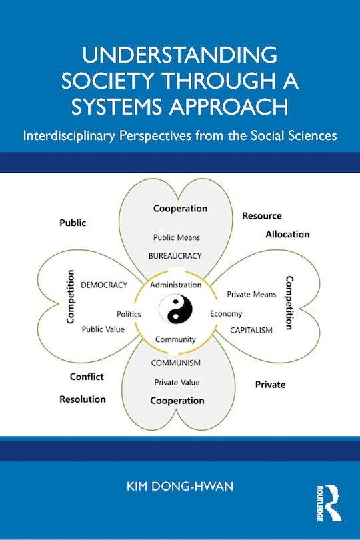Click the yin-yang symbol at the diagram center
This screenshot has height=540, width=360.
coord(175,311)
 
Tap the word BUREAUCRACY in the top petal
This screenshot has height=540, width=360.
coord(175,255)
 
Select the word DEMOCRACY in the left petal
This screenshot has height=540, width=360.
coord(103,285)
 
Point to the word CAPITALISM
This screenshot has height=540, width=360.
coord(251,330)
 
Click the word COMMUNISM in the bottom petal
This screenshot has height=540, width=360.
coord(175,363)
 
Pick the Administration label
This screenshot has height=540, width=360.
coord(175,285)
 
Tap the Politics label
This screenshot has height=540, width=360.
coord(129,313)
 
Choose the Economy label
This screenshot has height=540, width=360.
coord(226,313)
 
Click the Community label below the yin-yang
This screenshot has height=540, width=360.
coord(175,339)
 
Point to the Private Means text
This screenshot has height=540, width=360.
coord(252,293)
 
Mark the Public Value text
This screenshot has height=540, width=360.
coord(103,329)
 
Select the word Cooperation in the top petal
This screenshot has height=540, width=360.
coord(179,209)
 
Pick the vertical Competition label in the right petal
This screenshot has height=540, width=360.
coord(289,303)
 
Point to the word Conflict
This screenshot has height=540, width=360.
coord(87,377)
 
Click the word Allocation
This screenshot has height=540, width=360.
coord(287,234)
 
